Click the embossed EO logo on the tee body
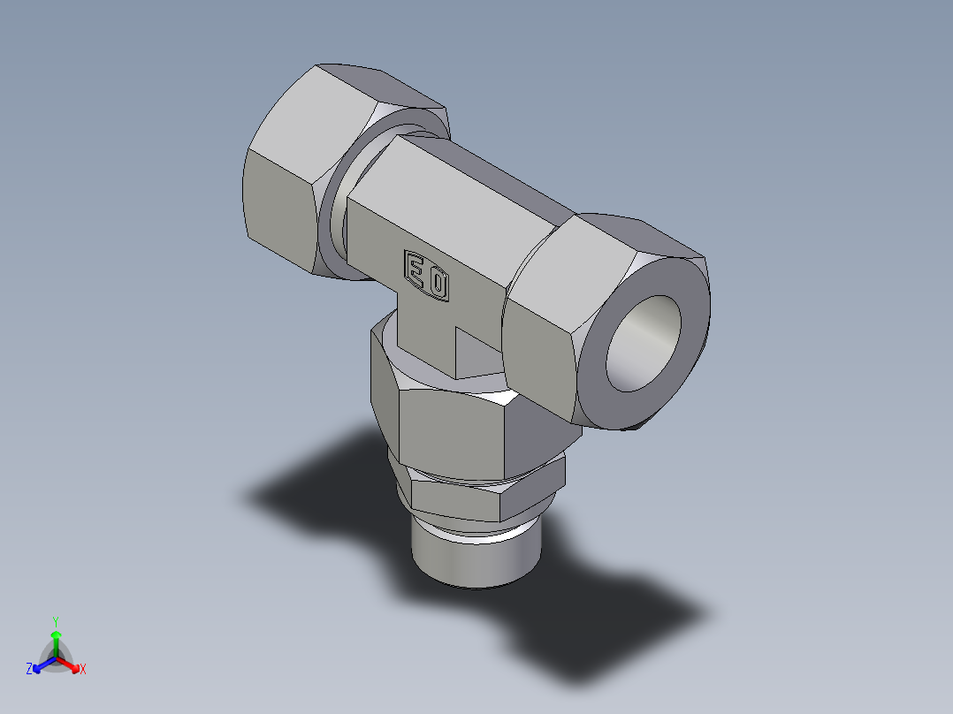pyautogui.click(x=427, y=275)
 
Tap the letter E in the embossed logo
pyautogui.click(x=416, y=268)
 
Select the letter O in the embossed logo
pyautogui.click(x=438, y=285)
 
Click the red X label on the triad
pyautogui.click(x=83, y=670)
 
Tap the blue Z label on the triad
pyautogui.click(x=29, y=670)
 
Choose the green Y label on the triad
pyautogui.click(x=56, y=621)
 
